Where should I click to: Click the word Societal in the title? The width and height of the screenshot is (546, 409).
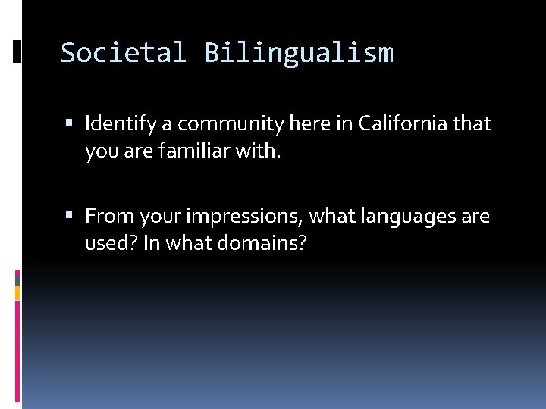pyautogui.click(x=123, y=53)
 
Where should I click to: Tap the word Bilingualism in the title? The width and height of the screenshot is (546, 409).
pyautogui.click(x=298, y=53)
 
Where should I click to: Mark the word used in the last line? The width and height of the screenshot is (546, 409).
pyautogui.click(x=105, y=245)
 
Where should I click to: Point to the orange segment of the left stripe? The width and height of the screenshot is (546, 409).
pyautogui.click(x=17, y=292)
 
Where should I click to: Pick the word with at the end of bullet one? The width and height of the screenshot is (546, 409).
pyautogui.click(x=262, y=151)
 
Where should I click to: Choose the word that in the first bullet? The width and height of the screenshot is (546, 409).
pyautogui.click(x=473, y=123)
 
